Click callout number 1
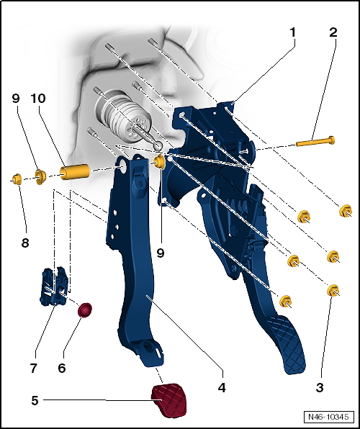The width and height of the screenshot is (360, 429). click(x=292, y=33)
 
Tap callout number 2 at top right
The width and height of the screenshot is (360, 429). click(x=333, y=33)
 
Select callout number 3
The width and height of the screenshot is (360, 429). click(x=320, y=387)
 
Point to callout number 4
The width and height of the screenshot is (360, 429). click(x=222, y=387)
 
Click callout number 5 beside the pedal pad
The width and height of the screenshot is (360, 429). click(x=35, y=400)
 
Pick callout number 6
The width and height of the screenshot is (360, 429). click(x=62, y=368)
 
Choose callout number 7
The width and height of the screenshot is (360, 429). click(x=33, y=368)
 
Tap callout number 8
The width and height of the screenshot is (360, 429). click(x=25, y=243)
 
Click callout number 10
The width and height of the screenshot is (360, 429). click(x=38, y=99)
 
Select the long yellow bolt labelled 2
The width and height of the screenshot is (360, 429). click(x=315, y=142)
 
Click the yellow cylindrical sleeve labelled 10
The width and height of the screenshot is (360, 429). click(x=75, y=171)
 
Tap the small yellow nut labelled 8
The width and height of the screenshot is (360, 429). click(x=17, y=179)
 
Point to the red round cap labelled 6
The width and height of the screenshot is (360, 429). click(x=85, y=310)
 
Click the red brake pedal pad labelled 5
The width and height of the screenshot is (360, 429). click(x=169, y=400)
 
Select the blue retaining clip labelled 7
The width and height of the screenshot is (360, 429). click(x=55, y=286)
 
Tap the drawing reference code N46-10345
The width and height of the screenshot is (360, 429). click(x=328, y=417)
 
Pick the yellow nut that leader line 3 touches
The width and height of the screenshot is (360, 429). click(x=333, y=291)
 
